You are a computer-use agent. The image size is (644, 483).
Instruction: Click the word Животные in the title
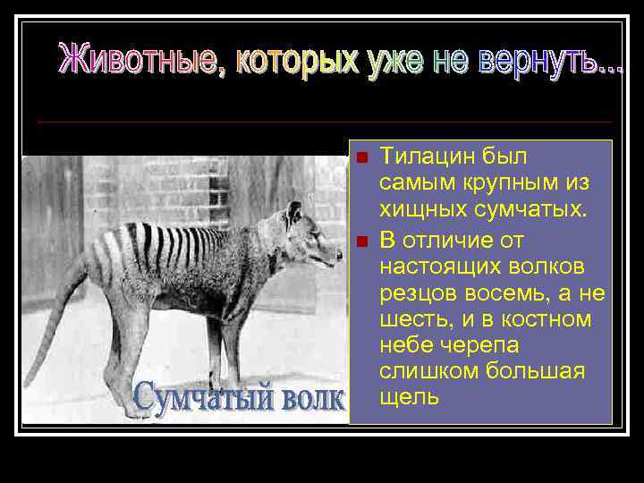140,60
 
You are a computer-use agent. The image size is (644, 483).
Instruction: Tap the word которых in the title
295,60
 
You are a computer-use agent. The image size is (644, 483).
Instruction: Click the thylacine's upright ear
293,214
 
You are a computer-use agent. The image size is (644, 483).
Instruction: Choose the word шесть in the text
411,319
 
